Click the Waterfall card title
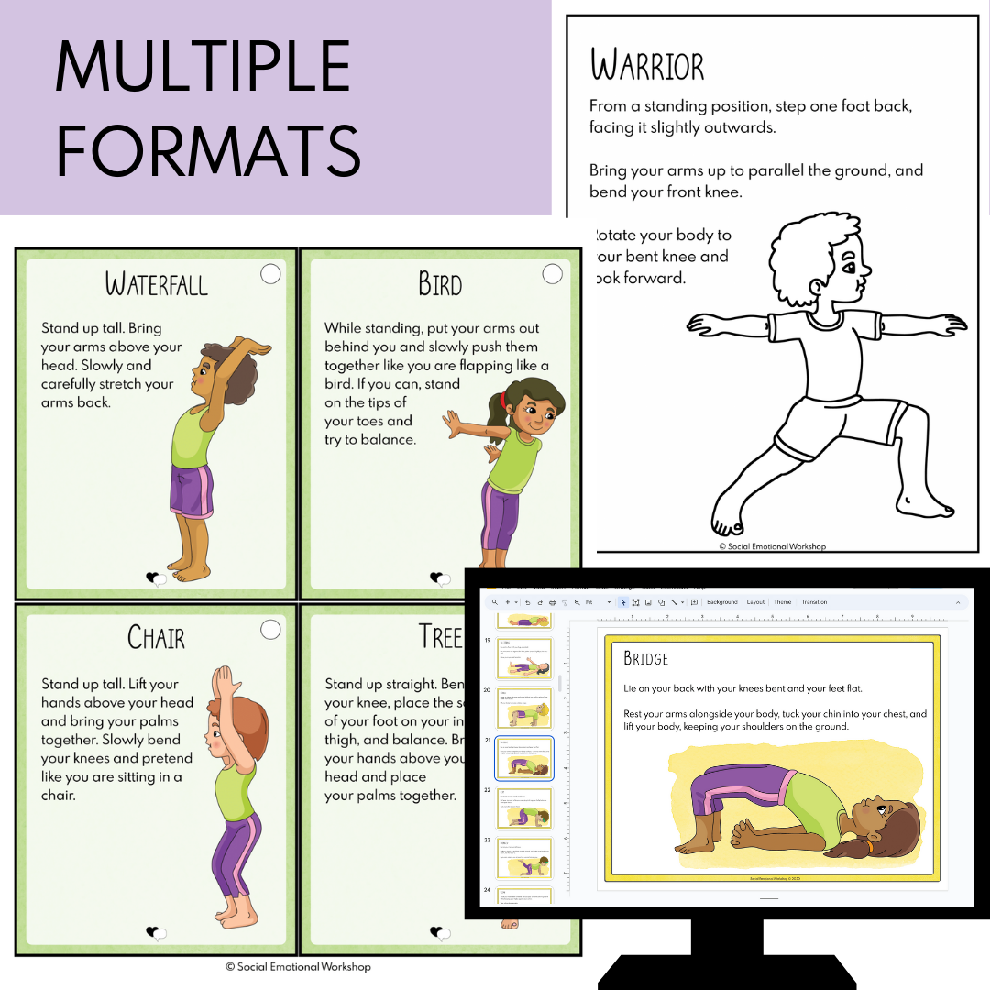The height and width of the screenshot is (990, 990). click(x=157, y=283)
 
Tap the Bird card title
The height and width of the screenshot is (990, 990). click(x=440, y=283)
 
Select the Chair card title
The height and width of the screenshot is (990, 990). click(x=156, y=637)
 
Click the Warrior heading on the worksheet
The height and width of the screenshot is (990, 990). click(x=647, y=67)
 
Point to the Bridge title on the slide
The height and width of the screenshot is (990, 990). click(x=645, y=658)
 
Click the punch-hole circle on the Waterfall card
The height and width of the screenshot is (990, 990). click(x=270, y=273)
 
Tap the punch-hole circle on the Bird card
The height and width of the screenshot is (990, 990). click(x=552, y=273)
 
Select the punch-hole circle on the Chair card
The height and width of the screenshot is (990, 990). click(x=270, y=629)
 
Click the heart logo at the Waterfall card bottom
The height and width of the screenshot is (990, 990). click(x=157, y=578)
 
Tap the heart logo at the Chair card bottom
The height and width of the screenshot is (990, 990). click(x=157, y=933)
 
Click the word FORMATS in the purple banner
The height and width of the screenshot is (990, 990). click(x=209, y=151)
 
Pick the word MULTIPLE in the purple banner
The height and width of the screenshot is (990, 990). click(x=203, y=66)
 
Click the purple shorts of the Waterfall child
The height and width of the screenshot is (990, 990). click(x=192, y=490)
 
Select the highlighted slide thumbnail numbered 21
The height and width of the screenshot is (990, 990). click(x=524, y=759)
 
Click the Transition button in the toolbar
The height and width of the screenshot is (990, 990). click(x=814, y=602)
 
